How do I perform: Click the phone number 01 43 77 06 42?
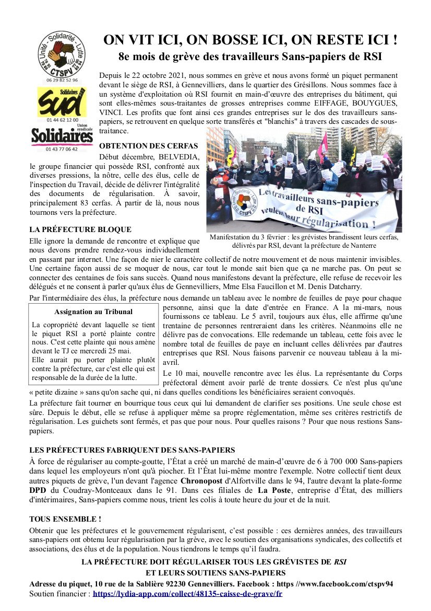[62, 149]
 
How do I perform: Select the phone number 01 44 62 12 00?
[62, 120]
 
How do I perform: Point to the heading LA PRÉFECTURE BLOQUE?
[80, 229]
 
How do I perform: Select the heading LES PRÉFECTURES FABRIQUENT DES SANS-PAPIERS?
[132, 449]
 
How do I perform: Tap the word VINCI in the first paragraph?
[111, 113]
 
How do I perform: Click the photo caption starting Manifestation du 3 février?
[304, 241]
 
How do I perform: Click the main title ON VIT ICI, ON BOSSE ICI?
[250, 40]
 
